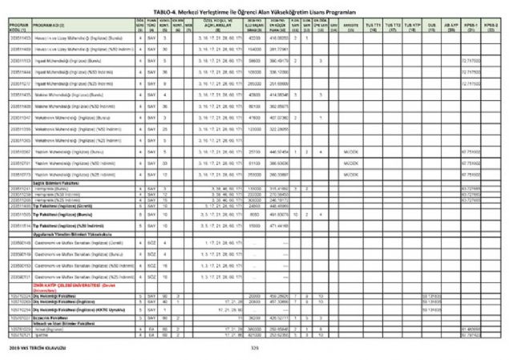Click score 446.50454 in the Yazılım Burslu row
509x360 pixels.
pos(278,150)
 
